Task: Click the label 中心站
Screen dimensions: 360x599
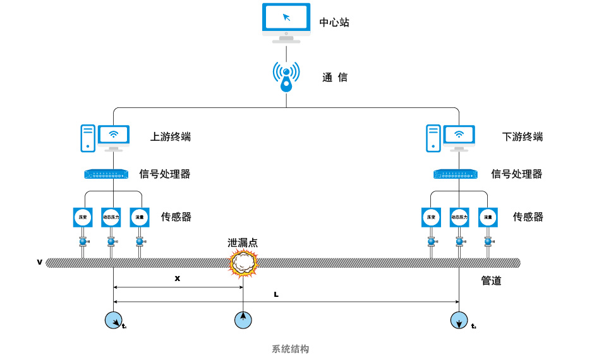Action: (334, 23)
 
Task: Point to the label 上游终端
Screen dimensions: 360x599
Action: (170, 137)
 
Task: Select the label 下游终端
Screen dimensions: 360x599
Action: (523, 137)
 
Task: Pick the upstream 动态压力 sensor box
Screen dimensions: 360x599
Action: (111, 217)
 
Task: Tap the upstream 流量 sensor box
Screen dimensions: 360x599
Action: (140, 217)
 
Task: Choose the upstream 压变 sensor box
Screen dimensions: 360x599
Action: (83, 217)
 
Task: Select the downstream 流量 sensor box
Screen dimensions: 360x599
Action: (488, 217)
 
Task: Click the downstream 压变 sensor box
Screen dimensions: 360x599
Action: (431, 217)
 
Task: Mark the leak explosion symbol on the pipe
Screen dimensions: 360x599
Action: (243, 263)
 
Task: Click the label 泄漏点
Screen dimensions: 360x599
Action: (243, 243)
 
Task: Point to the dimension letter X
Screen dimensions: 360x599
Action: (178, 278)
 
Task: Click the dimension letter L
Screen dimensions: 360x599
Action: (276, 294)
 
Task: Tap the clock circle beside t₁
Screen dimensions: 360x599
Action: (114, 320)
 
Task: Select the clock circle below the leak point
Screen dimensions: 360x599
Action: (243, 320)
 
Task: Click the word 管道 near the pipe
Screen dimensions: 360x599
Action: (491, 281)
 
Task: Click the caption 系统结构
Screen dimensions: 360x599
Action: (291, 349)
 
